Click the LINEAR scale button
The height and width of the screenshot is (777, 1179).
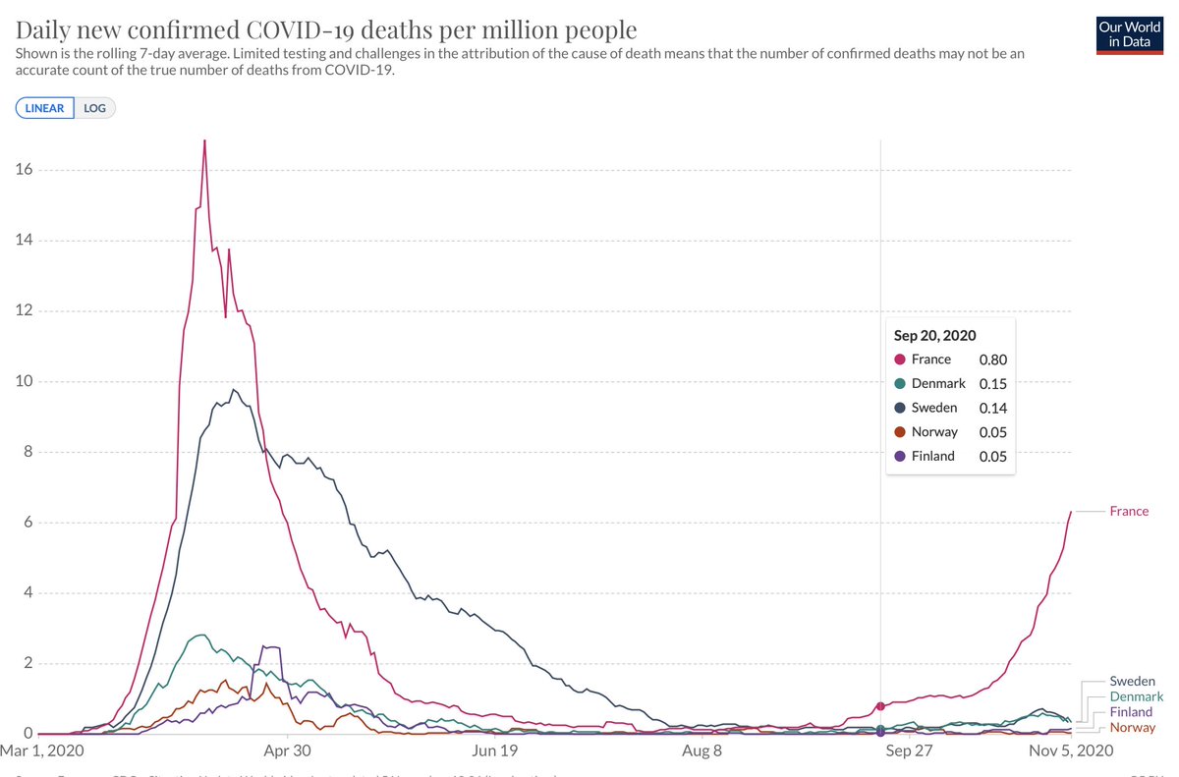coord(46,108)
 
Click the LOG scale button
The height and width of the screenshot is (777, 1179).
coord(95,108)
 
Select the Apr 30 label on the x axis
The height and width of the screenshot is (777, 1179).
coord(288,751)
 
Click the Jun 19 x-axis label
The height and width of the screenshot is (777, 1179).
coord(494,751)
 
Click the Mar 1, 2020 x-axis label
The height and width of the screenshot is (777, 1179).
coord(43,751)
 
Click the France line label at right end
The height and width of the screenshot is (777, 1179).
coord(1129,511)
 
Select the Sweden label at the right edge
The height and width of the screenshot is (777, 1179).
coord(1132,681)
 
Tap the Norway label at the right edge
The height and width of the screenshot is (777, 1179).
coord(1132,728)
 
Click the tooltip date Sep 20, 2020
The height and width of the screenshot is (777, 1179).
coord(934,335)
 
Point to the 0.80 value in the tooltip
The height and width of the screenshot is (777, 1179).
coord(992,360)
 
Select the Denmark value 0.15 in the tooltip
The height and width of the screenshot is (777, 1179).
coord(992,384)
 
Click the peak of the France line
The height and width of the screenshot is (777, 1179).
coord(204,140)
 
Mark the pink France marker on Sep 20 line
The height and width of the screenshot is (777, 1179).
coord(880,706)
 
